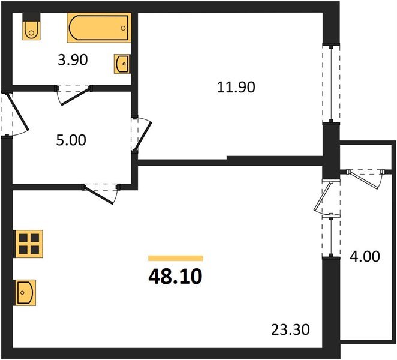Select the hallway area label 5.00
[70, 140]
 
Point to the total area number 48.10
[175, 277]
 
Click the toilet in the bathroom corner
[31, 28]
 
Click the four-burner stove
[28, 243]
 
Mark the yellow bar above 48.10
[175, 258]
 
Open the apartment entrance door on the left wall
[13, 115]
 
